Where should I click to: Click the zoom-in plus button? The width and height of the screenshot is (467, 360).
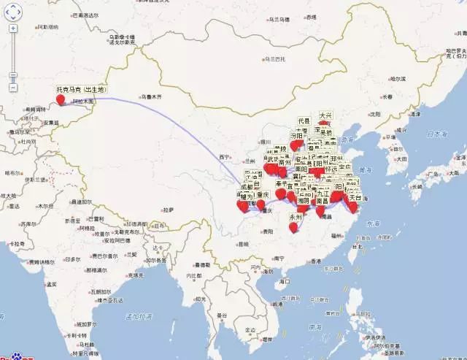point(12,29)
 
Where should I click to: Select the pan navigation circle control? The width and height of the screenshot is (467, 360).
point(12,11)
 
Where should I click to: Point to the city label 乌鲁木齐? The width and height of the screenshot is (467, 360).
point(151,96)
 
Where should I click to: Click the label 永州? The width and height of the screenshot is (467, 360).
point(295,218)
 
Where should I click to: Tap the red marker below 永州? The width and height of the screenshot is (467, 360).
point(293,228)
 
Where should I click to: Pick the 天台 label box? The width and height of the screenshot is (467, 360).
point(355,198)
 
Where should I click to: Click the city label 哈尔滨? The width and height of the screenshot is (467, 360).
point(398,78)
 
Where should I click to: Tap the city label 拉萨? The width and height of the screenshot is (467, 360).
point(169,210)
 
